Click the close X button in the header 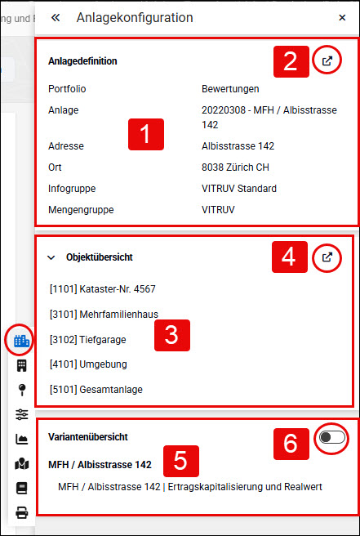342,17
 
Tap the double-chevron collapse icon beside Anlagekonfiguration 56,17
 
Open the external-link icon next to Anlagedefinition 327,60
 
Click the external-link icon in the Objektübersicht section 327,257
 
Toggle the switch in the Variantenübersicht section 332,437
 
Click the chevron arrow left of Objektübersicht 51,257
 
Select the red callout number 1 146,134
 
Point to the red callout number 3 171,335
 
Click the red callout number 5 180,461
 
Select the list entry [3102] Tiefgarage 88,340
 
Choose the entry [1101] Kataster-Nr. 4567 103,289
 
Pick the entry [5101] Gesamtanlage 96,390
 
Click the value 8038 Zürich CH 235,167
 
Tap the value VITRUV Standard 239,189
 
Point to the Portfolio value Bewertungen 230,89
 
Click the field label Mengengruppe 81,209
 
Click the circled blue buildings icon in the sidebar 22,341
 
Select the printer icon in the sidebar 22,513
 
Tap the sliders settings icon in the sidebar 22,414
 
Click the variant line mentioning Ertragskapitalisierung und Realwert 190,486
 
